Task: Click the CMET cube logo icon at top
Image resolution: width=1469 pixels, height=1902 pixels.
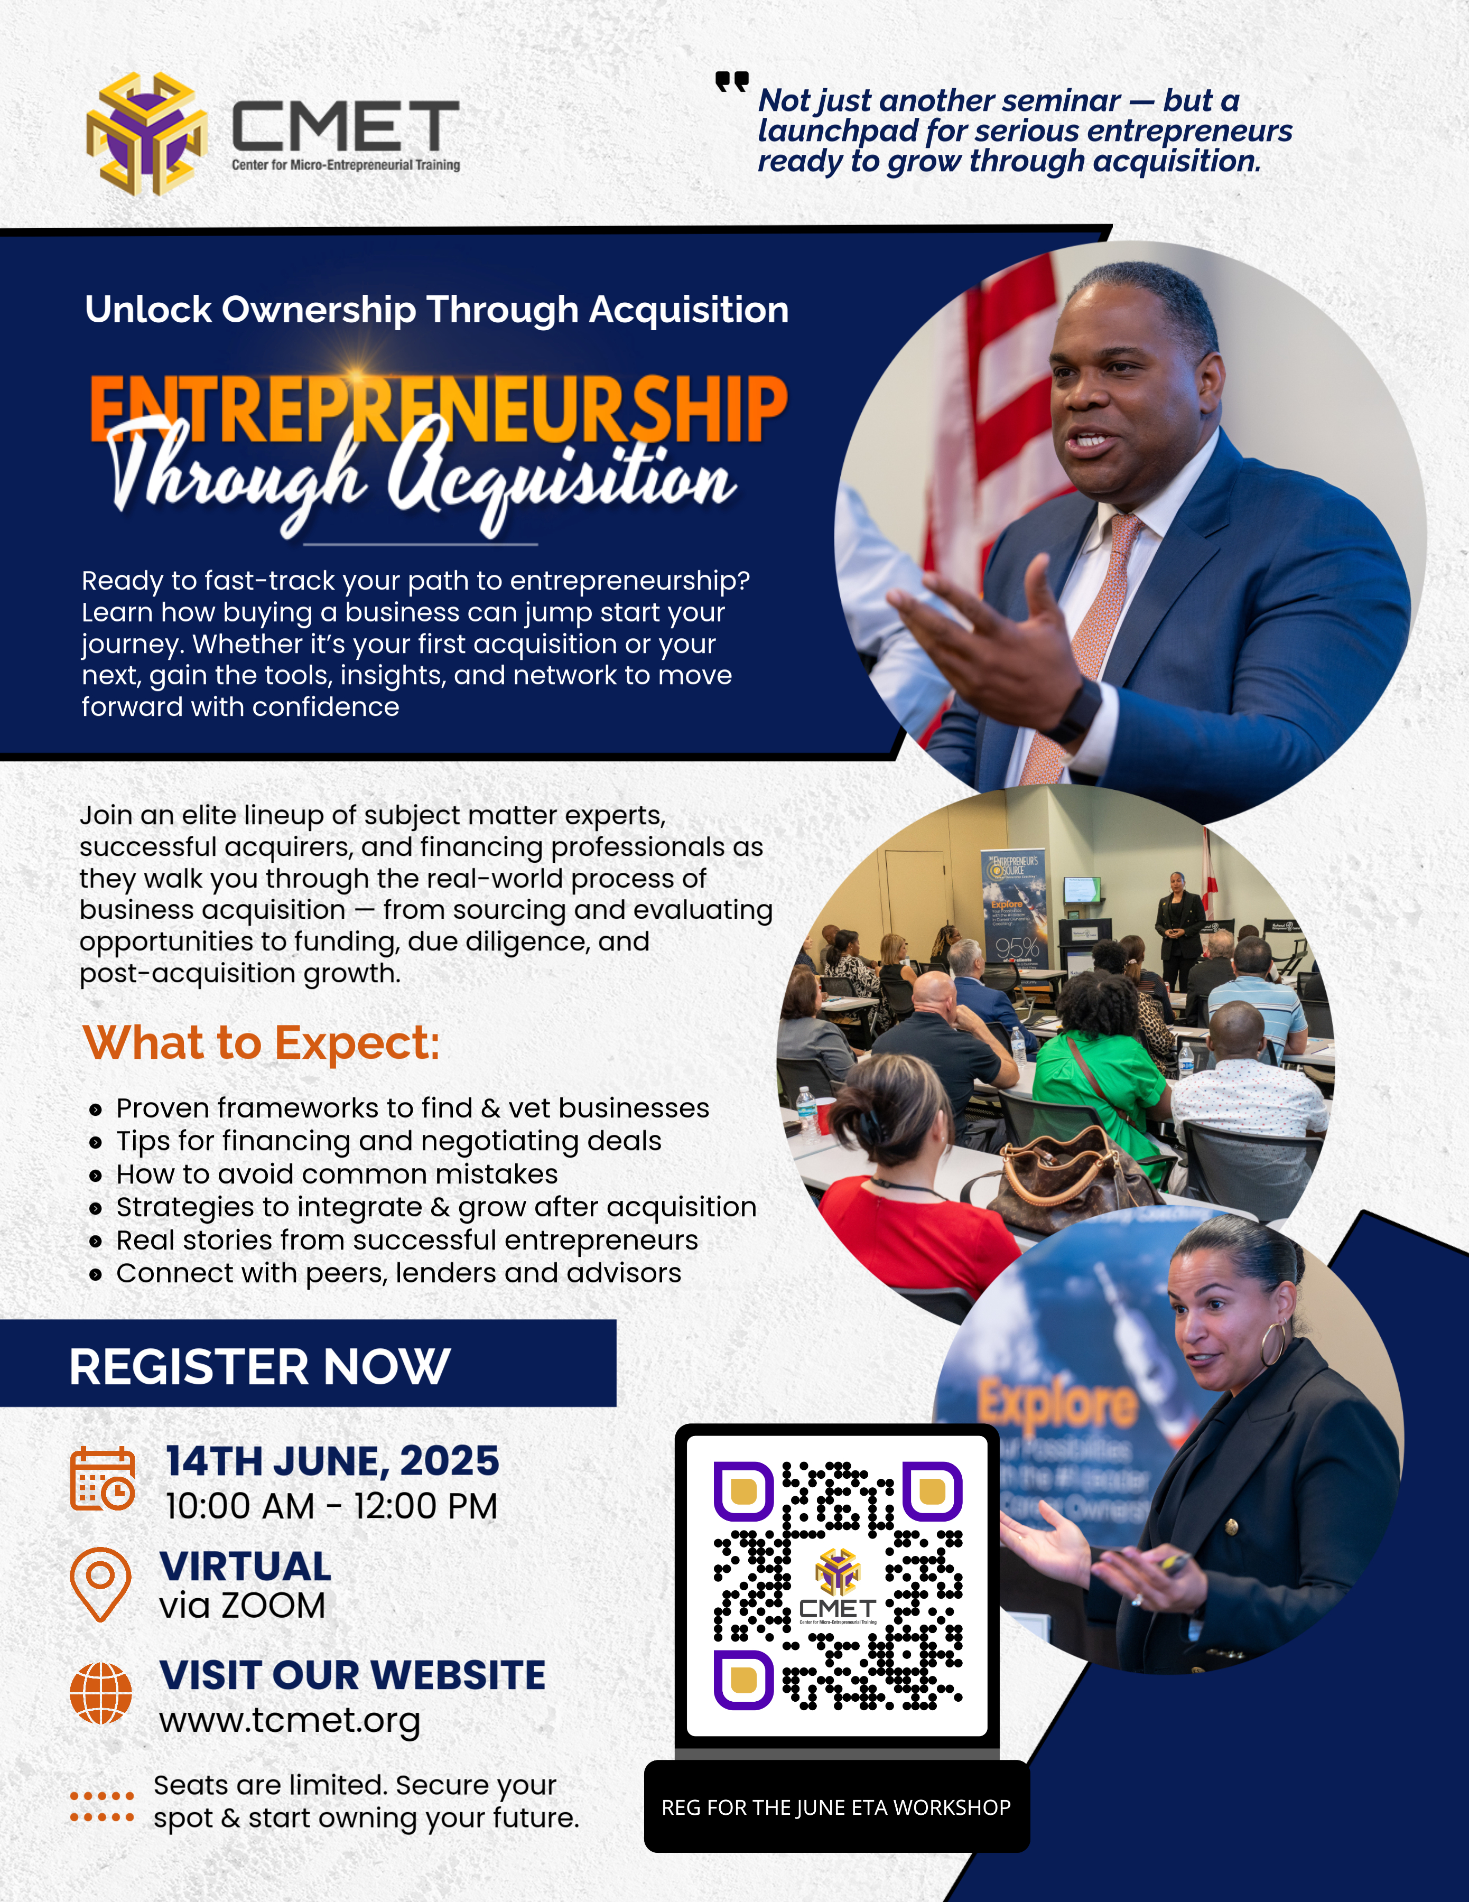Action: point(146,133)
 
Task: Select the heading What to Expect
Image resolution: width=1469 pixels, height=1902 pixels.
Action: point(261,1042)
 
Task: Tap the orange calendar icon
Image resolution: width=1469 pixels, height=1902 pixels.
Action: point(103,1478)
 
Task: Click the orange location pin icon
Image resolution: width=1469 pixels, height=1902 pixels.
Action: point(101,1584)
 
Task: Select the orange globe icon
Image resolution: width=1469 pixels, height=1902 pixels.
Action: point(101,1693)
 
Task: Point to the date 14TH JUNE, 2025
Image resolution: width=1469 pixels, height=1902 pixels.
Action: point(332,1461)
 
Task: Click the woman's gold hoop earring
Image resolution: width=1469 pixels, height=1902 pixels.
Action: point(1273,1343)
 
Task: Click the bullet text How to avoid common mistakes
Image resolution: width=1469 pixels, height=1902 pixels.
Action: point(337,1174)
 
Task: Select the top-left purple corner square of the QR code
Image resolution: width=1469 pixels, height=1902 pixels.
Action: point(743,1491)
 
